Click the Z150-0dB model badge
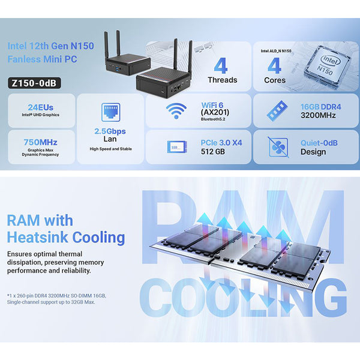tap(35, 83)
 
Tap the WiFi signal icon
tap(176, 111)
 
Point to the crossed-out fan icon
tap(278, 146)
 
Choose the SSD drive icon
tap(176, 146)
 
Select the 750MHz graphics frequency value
tap(41, 142)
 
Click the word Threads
tap(223, 80)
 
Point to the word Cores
tap(275, 80)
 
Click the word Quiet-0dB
tap(322, 143)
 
